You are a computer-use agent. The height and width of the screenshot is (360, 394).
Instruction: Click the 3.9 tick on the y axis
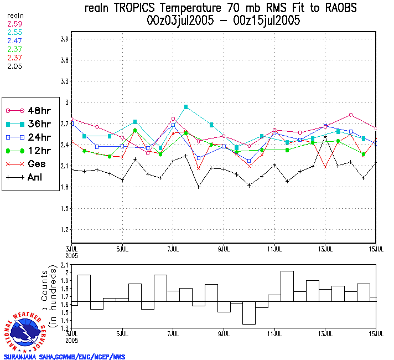coord(64,39)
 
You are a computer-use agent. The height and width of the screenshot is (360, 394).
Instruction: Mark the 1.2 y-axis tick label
coord(64,229)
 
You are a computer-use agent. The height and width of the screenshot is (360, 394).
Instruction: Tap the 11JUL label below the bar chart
coord(274,333)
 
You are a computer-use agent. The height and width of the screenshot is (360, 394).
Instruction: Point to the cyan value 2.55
coord(14,33)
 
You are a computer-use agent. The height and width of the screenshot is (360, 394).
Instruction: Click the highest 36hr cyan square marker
coord(186,106)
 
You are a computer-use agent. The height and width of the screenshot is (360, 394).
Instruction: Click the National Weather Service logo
coord(26,331)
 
